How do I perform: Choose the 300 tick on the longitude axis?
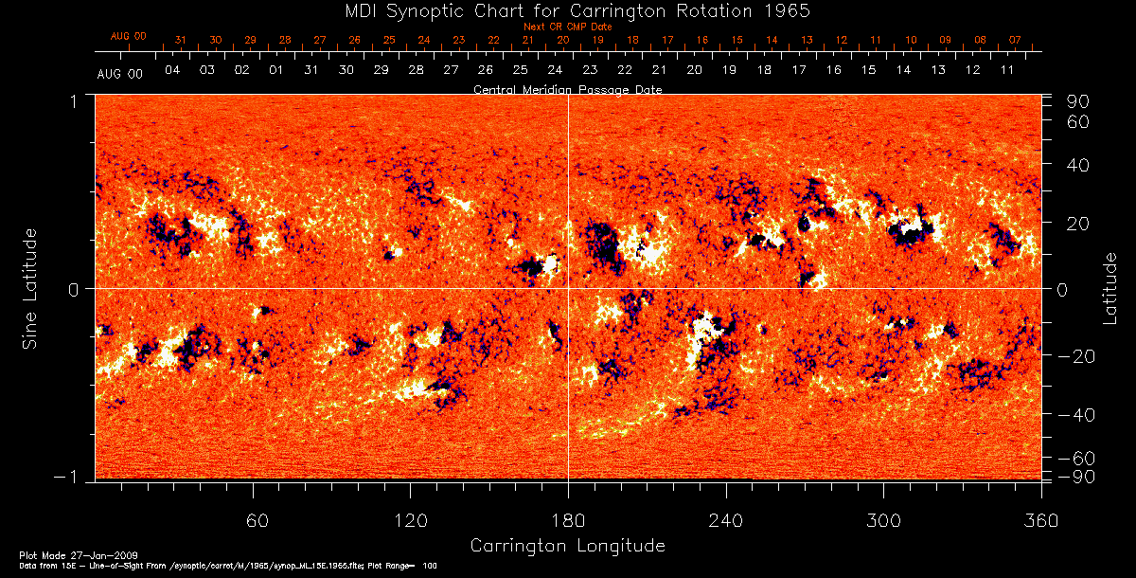tap(883, 521)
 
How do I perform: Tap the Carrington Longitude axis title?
tap(567, 546)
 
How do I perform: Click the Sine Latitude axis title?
tap(30, 288)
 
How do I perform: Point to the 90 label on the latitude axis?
tap(1081, 101)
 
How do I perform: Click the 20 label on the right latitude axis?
tap(1081, 224)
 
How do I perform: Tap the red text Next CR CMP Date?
tap(567, 27)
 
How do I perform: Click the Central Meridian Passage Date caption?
tap(567, 89)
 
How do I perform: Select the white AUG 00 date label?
tap(120, 73)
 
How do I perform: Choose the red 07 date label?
tap(1015, 41)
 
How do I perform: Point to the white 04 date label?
tap(172, 71)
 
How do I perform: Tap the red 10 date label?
tap(911, 41)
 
